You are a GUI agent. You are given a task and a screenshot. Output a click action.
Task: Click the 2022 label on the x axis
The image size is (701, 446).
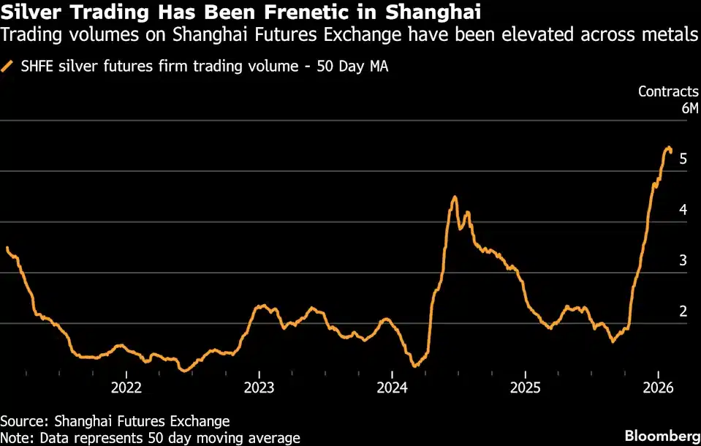[x=126, y=387]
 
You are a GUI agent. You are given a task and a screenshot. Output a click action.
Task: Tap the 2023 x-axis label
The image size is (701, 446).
[x=259, y=387]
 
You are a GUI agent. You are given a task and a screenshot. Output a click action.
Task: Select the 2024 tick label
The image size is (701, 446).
[x=392, y=387]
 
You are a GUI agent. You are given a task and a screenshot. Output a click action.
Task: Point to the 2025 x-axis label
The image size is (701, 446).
[x=526, y=387]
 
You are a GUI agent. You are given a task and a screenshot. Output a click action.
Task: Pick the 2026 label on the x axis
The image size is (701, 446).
[x=658, y=387]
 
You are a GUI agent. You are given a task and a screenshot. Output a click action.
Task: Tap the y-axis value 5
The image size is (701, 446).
[x=683, y=159]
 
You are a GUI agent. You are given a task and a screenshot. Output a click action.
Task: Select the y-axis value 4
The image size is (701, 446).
[x=683, y=210]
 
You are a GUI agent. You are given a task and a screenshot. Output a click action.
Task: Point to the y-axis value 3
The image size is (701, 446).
[x=683, y=260]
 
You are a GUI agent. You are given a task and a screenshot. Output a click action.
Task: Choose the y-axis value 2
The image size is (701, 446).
[x=683, y=311]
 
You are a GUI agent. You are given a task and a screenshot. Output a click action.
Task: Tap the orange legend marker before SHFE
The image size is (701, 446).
[x=8, y=67]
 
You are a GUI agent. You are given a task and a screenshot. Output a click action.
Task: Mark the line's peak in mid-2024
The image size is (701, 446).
[x=454, y=197]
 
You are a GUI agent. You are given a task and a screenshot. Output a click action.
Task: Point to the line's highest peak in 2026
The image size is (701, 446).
[x=668, y=148]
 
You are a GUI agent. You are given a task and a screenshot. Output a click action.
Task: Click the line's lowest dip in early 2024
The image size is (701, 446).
[x=414, y=366]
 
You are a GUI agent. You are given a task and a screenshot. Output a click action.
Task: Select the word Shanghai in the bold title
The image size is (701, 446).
[x=440, y=12]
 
